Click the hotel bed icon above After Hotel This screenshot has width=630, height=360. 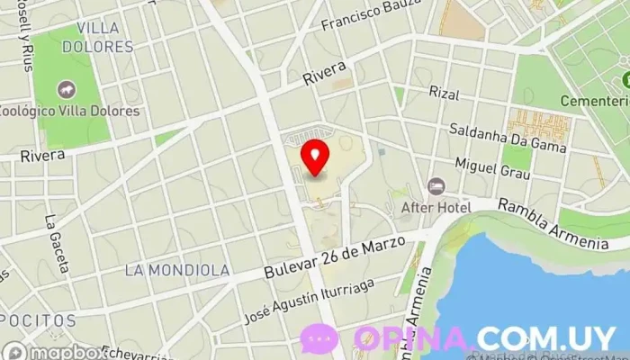click(436, 186)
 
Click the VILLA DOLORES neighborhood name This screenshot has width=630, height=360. click(104, 37)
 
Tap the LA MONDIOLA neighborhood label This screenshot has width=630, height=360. click(177, 270)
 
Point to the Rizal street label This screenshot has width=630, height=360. click(444, 93)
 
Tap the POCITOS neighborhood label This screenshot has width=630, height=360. click(36, 320)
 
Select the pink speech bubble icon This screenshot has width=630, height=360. click(319, 337)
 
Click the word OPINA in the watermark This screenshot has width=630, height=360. click(412, 338)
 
